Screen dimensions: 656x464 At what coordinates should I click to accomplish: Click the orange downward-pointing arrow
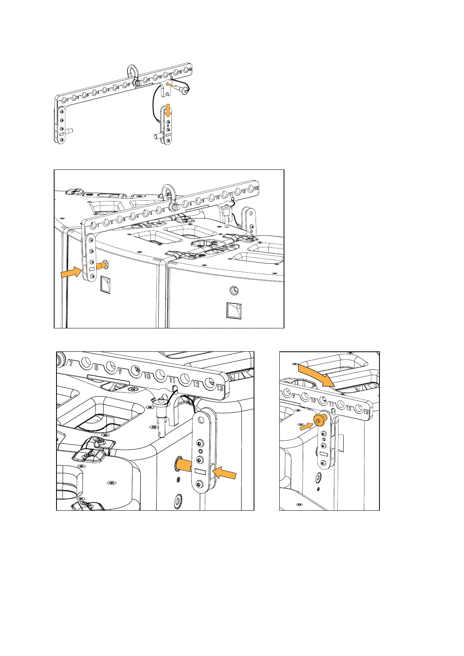click(x=168, y=109)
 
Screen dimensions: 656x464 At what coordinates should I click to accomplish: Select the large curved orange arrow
click(x=316, y=374)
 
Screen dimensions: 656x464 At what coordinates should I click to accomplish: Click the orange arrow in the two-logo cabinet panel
click(x=71, y=273)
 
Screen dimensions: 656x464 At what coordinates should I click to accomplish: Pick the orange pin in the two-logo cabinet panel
click(x=101, y=266)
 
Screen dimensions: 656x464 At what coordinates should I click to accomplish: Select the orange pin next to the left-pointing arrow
click(x=185, y=465)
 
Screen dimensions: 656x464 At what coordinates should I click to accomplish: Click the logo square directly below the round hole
click(x=234, y=310)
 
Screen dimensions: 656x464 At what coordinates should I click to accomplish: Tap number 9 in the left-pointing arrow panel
click(x=120, y=372)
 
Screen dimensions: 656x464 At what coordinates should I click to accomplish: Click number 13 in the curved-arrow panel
click(x=366, y=411)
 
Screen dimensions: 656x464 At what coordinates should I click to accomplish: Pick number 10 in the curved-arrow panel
click(x=313, y=400)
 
